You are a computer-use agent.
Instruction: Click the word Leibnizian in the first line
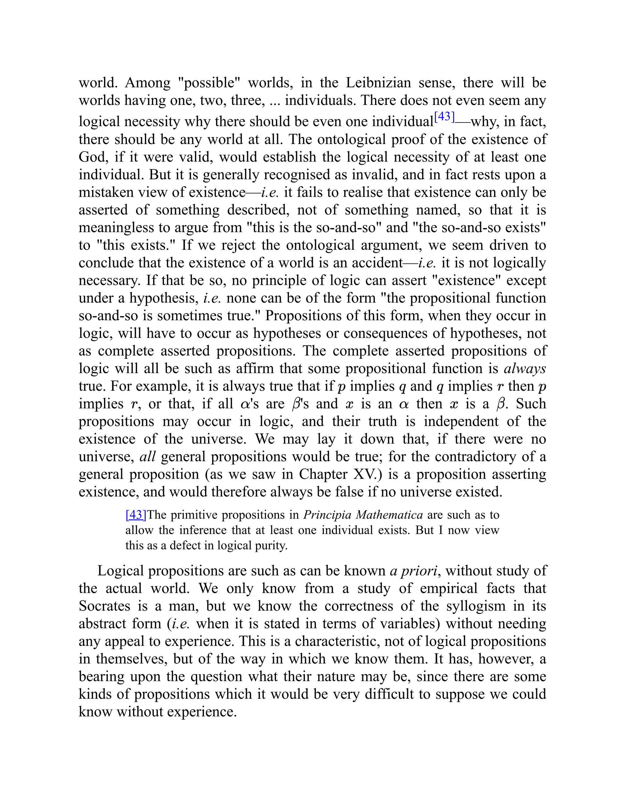(x=378, y=83)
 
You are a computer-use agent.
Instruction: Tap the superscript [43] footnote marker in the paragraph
(x=444, y=117)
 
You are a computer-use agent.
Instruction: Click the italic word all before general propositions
(x=147, y=456)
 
